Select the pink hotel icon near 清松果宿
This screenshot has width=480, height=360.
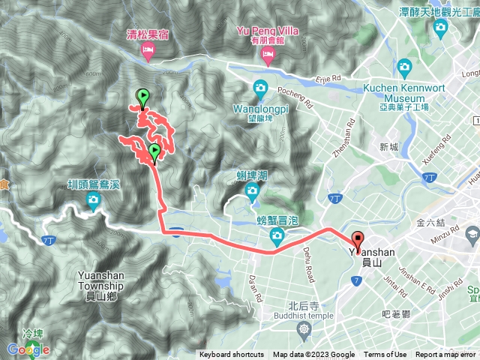(x=148, y=51)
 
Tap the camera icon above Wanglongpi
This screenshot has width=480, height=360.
(x=260, y=87)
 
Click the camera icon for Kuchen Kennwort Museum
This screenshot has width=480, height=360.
(x=405, y=67)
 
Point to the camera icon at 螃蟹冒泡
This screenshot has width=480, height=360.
(x=277, y=237)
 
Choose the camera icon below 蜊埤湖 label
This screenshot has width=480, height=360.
(x=252, y=192)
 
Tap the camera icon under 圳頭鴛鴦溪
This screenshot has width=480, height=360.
(x=93, y=199)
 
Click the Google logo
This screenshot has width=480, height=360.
(x=28, y=349)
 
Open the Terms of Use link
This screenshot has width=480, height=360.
(x=385, y=355)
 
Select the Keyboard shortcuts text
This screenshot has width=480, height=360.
(x=232, y=355)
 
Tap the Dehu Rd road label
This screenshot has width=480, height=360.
(x=307, y=266)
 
